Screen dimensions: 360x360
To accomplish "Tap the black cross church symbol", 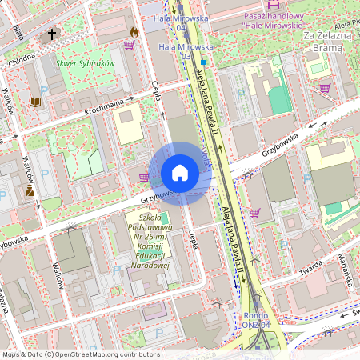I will point(53,34).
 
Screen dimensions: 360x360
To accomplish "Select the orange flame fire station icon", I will point(134,31).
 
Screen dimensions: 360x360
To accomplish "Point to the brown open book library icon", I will point(34,102).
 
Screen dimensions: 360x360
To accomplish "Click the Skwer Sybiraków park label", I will point(86,62).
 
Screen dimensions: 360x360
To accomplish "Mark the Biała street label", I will point(18,32).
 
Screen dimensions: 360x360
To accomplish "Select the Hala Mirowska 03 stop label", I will point(178,51).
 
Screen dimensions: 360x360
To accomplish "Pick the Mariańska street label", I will point(346,270).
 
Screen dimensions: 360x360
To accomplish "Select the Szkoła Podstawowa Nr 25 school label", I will point(150,239).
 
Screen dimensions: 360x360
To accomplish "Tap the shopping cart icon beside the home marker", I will point(144,178).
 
